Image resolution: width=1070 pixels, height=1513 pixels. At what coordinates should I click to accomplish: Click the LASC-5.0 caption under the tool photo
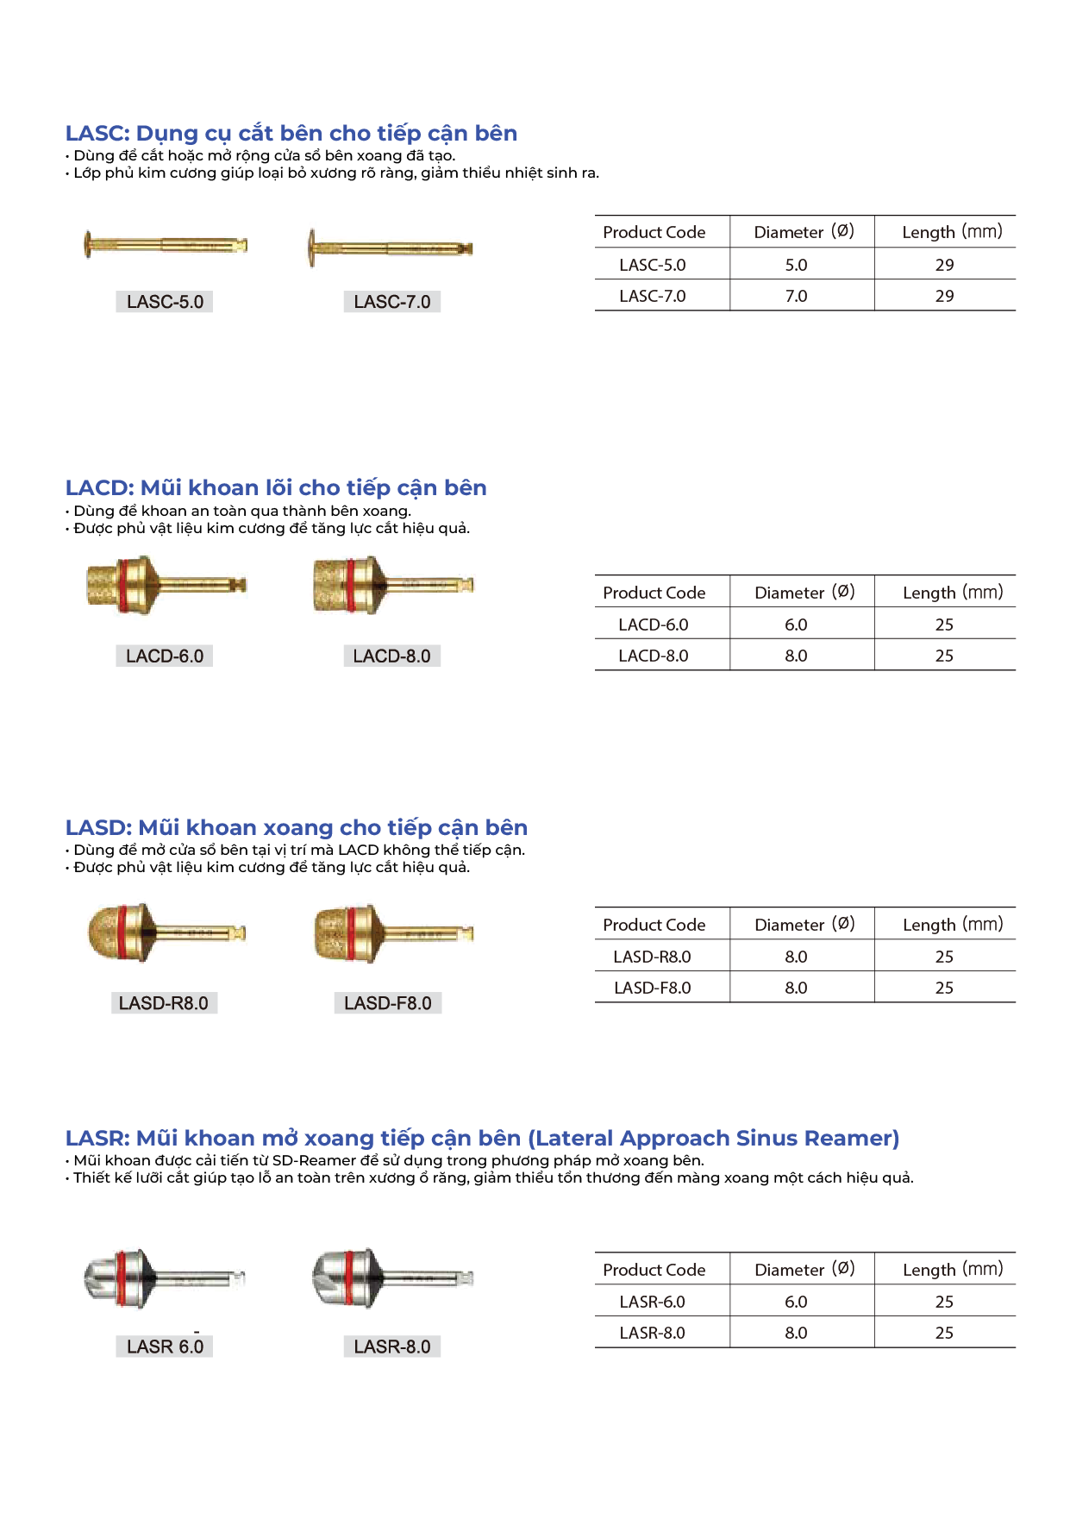(x=165, y=302)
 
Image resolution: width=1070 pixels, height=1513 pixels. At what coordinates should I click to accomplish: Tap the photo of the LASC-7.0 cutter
(x=391, y=248)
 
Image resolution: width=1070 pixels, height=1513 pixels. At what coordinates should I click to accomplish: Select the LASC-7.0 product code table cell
(x=653, y=296)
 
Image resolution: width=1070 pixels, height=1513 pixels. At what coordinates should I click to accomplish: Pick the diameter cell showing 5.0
(x=796, y=265)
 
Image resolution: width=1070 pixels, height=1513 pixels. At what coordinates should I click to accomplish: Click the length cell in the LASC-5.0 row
(x=944, y=265)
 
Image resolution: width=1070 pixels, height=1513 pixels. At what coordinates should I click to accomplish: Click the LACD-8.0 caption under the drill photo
(x=391, y=656)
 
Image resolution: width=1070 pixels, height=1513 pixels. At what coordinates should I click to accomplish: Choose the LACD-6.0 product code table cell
(x=653, y=625)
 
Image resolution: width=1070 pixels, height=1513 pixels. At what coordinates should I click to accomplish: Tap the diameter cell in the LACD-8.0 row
(x=796, y=656)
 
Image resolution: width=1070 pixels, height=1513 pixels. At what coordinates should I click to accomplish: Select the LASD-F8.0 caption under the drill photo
(x=388, y=1003)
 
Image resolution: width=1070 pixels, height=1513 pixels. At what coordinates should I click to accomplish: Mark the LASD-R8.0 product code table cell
(x=652, y=957)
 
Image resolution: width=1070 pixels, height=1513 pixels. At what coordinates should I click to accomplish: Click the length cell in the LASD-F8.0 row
(x=944, y=988)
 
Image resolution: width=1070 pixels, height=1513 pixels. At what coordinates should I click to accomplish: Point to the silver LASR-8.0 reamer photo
(x=392, y=1278)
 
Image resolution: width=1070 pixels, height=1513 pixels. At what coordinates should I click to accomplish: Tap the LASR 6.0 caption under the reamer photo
(x=165, y=1347)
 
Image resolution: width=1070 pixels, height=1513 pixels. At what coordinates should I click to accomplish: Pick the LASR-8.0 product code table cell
(x=652, y=1333)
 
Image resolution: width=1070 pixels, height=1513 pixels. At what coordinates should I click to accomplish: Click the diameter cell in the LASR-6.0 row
(x=796, y=1302)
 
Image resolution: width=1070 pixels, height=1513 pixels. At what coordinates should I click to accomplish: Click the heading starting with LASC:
(x=291, y=134)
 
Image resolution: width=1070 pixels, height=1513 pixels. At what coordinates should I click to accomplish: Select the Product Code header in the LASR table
(x=654, y=1270)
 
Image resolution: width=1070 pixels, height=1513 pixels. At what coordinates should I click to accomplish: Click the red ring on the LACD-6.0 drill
(x=122, y=585)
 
